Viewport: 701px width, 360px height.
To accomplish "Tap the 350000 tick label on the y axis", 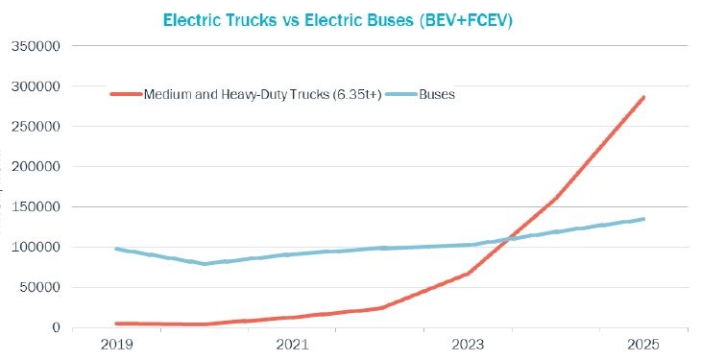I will click(x=36, y=46).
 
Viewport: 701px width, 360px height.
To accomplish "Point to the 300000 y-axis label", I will click(x=36, y=86).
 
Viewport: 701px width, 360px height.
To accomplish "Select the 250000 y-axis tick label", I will click(x=36, y=127).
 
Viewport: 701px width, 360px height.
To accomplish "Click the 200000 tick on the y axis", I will click(x=36, y=167).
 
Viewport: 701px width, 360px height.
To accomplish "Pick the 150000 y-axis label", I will click(x=36, y=207).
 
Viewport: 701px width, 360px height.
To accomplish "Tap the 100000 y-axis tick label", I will click(x=36, y=248).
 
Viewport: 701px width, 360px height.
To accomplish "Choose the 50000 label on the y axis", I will click(x=38, y=288).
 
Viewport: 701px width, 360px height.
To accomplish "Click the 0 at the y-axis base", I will click(x=57, y=328).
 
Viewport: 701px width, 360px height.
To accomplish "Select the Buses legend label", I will click(x=436, y=94).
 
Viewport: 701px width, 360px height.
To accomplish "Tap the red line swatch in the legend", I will click(x=126, y=94).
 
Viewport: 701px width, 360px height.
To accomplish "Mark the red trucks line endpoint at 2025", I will click(x=643, y=97).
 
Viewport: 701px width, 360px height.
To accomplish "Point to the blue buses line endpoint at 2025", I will click(x=643, y=219).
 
